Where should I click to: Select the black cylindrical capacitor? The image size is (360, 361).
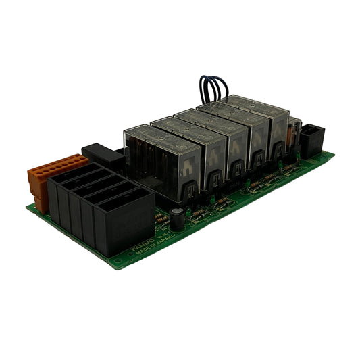[x=176, y=216]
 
